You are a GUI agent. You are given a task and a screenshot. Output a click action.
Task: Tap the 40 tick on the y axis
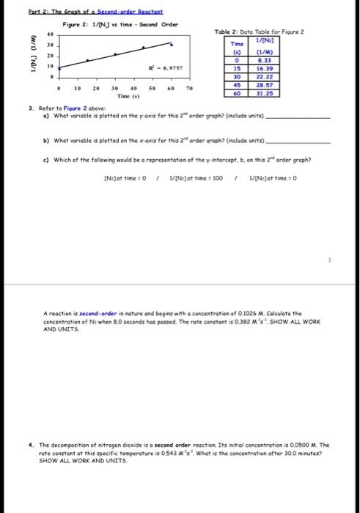[x=30, y=34]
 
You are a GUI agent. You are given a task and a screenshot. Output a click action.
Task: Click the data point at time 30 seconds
[x=115, y=53]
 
